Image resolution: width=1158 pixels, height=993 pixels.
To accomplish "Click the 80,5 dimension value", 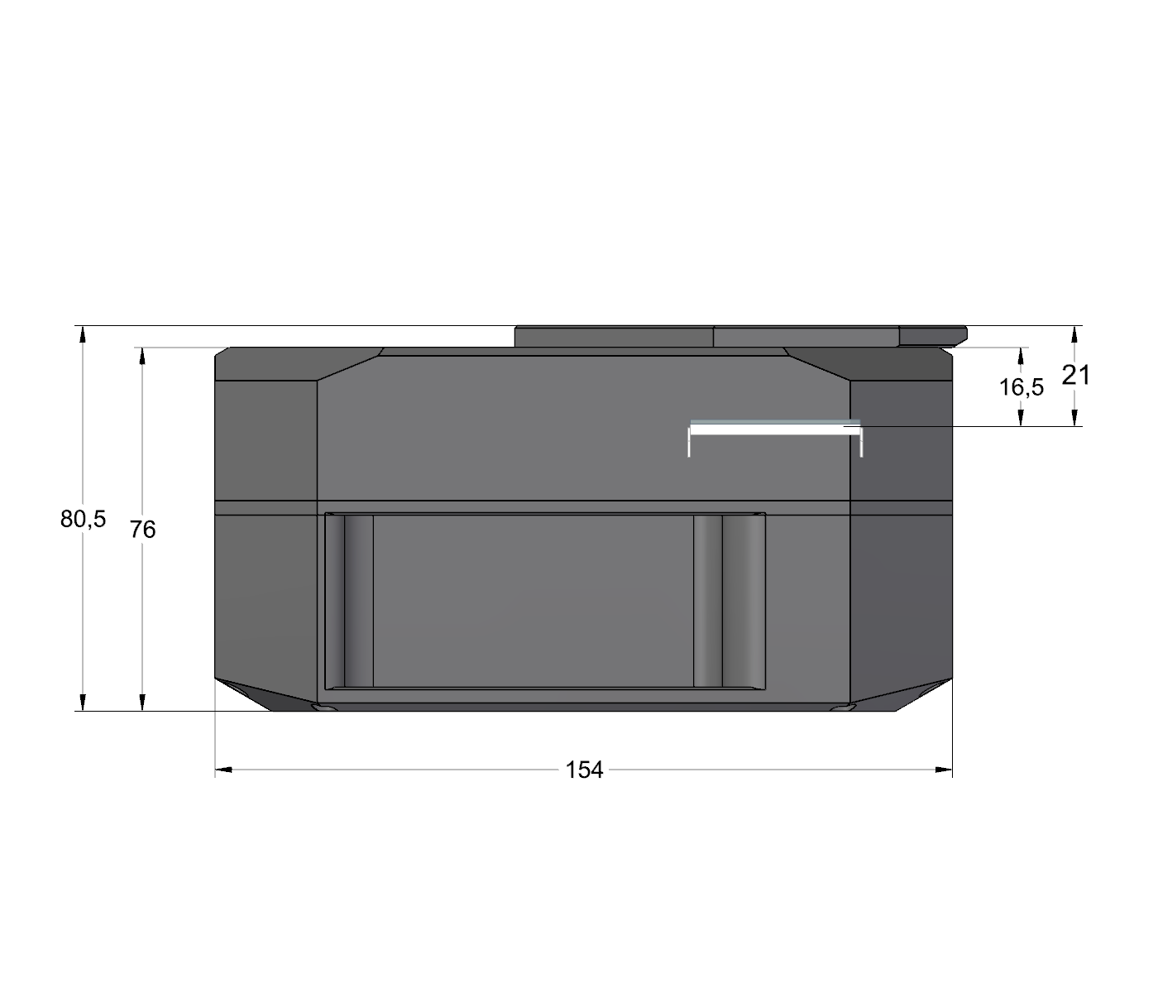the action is click(x=83, y=520).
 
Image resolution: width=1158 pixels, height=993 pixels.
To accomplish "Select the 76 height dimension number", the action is click(x=143, y=530).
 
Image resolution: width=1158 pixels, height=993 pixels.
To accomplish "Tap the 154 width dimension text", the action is click(x=584, y=770).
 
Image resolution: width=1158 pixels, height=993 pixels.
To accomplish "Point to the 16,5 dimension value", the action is click(x=1022, y=387).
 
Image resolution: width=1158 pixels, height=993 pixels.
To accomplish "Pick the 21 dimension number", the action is click(x=1075, y=376).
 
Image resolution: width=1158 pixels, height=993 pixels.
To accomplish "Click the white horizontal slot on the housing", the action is click(x=775, y=429).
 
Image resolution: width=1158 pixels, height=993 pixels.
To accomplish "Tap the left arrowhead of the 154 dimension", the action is click(x=223, y=770).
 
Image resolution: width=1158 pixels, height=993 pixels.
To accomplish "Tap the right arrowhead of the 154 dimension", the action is click(x=944, y=770).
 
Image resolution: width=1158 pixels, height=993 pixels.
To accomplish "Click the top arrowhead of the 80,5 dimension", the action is click(x=83, y=334).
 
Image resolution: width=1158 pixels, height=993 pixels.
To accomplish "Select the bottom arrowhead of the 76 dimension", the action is click(x=142, y=703).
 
